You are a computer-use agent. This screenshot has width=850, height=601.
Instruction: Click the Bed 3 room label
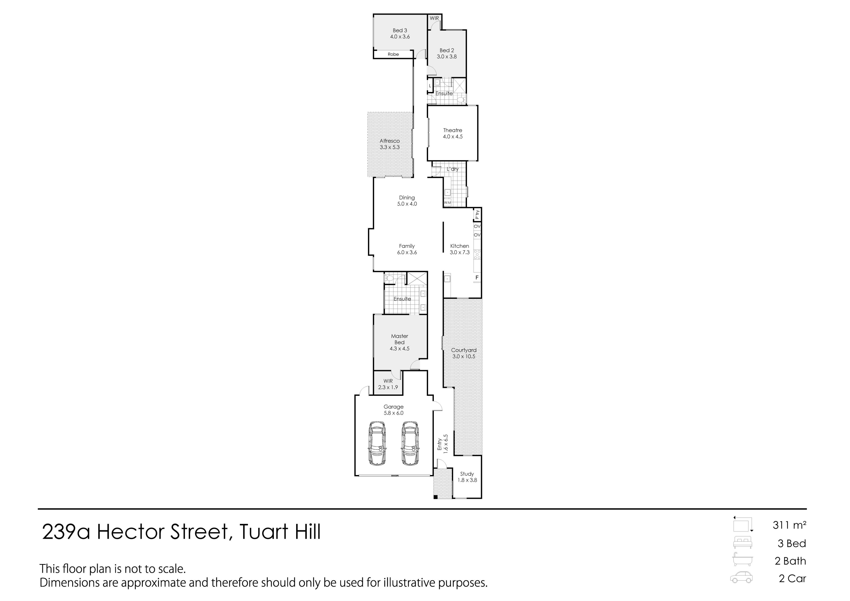click(400, 33)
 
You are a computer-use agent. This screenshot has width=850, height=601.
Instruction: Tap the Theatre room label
click(453, 133)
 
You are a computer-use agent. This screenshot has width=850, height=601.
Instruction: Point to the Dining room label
click(407, 201)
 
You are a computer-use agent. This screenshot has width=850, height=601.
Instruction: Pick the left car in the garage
click(377, 443)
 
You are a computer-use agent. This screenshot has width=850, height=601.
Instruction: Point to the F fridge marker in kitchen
click(477, 277)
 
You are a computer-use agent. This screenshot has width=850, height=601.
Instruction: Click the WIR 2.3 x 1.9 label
click(388, 384)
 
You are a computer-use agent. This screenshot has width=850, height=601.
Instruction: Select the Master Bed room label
click(400, 342)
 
